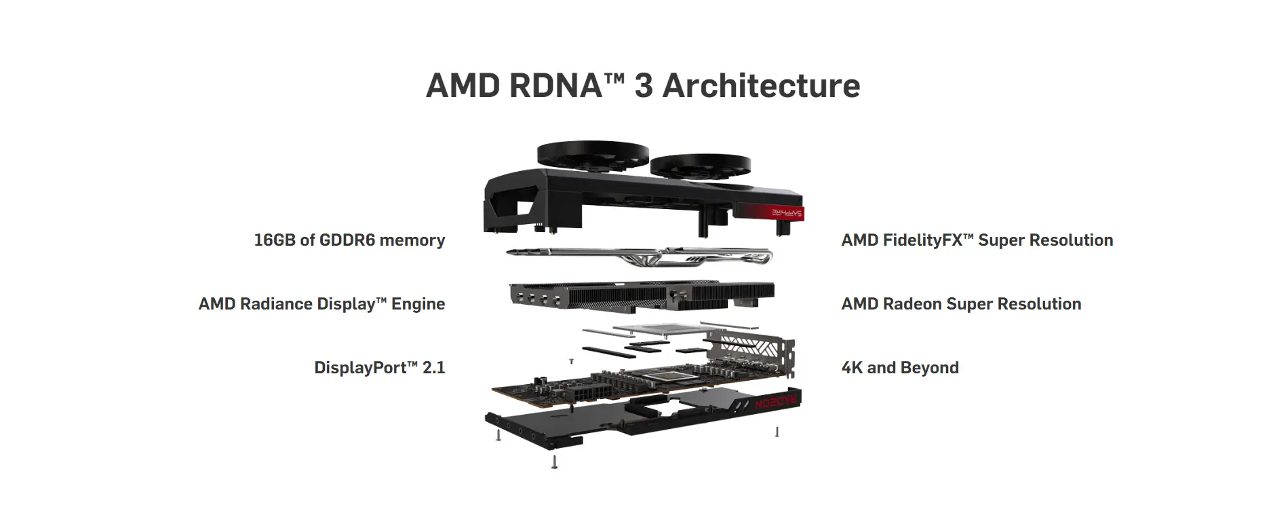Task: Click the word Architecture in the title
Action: pos(761,86)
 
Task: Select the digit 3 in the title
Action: pos(644,86)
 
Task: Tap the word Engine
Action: pos(418,305)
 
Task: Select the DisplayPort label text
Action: pos(365,368)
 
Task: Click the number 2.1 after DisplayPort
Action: pos(433,368)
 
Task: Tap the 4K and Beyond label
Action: pos(900,368)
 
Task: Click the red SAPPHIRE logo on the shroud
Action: pos(787,213)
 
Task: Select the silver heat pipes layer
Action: pos(640,257)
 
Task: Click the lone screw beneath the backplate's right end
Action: pos(777,432)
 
